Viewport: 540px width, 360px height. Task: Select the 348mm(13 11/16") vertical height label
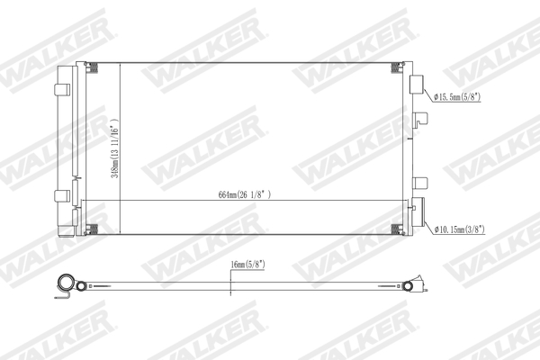(x=114, y=148)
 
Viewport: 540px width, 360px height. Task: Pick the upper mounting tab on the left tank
(x=62, y=89)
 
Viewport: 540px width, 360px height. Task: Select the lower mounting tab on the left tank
(x=62, y=195)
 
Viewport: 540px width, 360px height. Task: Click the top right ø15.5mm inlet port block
(x=417, y=85)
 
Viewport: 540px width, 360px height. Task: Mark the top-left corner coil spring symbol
(x=91, y=67)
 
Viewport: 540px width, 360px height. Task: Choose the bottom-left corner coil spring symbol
(x=91, y=229)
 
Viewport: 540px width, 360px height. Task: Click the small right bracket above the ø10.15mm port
(x=418, y=183)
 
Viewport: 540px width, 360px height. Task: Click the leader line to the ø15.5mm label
(x=427, y=94)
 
